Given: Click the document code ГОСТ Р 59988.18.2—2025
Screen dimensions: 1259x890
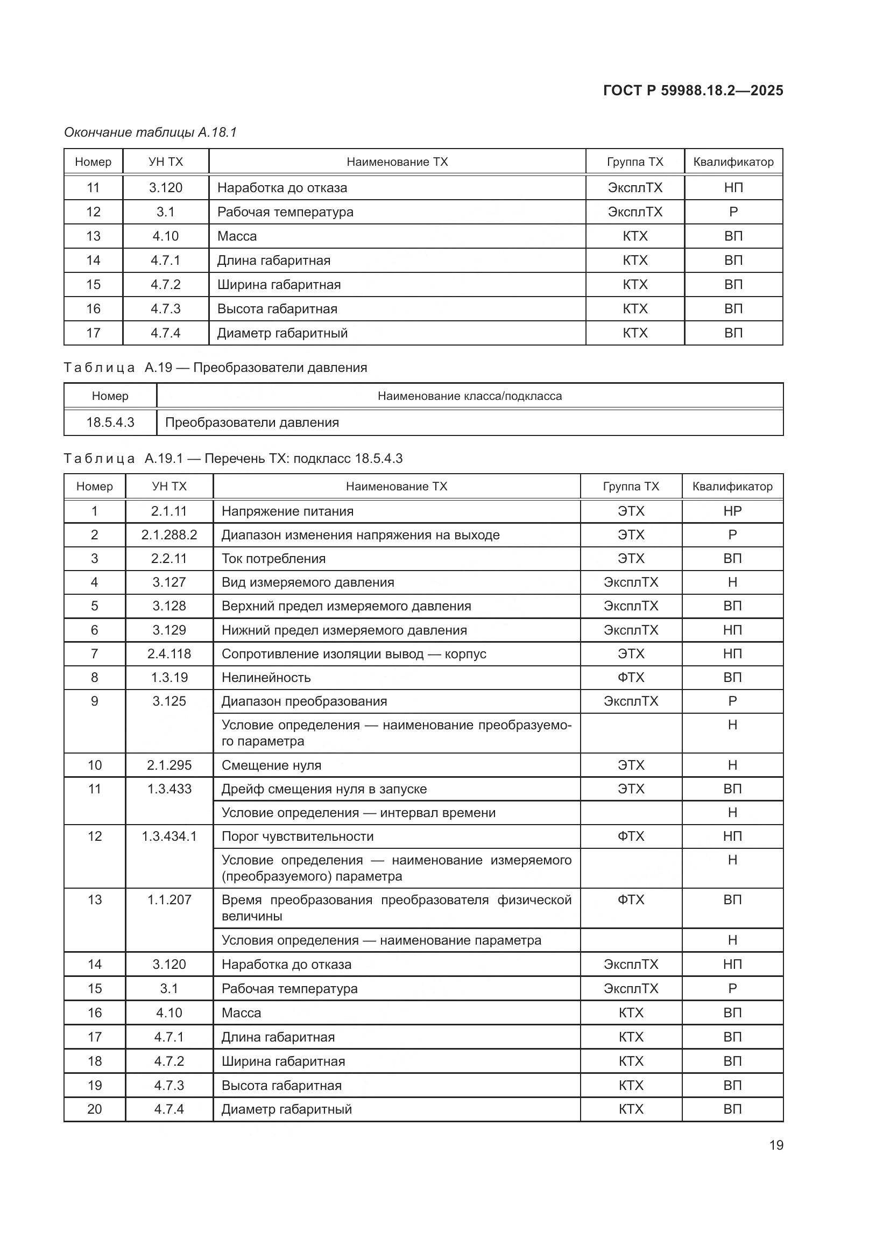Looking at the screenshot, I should click(693, 90).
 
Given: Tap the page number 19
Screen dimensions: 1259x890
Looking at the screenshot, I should click(776, 1145).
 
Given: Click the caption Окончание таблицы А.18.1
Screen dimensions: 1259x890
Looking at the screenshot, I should click(150, 132).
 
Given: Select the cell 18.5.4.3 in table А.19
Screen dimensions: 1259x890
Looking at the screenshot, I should click(110, 423).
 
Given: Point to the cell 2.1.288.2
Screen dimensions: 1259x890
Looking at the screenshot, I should click(169, 535).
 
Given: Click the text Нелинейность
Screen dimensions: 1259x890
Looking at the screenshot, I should click(266, 678).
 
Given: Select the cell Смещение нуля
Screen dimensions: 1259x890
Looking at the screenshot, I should click(271, 765).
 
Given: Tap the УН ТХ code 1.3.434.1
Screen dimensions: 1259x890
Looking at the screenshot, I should click(169, 837).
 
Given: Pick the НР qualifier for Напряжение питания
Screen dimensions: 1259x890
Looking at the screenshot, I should click(732, 511).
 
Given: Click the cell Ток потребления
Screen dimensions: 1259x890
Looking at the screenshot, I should click(273, 559).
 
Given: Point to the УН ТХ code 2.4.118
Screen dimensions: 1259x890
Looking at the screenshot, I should click(169, 654).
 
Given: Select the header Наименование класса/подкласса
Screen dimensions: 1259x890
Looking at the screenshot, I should click(470, 397).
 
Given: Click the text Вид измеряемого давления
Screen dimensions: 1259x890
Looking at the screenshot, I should click(307, 582).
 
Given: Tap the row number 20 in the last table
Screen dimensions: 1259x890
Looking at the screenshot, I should click(94, 1109).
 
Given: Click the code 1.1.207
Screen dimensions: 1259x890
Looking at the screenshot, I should click(169, 900).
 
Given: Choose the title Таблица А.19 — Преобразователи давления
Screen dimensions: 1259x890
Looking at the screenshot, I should click(215, 368).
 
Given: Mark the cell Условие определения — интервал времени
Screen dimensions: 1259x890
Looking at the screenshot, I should click(358, 813).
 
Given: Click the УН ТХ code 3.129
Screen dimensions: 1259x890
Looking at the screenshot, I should click(169, 631).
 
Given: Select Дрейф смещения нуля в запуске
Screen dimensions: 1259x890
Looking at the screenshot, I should click(324, 790).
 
